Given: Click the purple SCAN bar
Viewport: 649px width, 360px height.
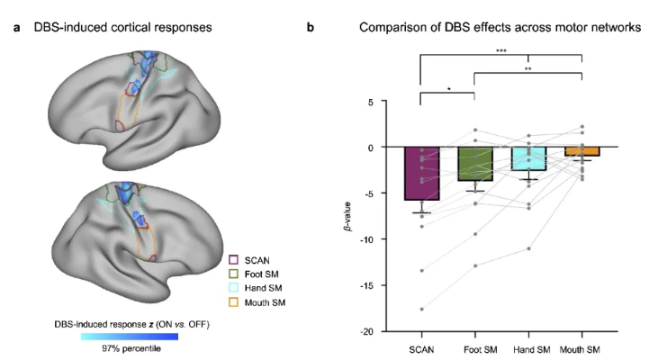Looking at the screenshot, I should (421, 173).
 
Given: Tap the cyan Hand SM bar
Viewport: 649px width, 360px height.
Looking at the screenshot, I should (528, 158).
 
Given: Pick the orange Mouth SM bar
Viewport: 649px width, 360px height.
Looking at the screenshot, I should (581, 151).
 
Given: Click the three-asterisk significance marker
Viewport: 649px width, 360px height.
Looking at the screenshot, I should (501, 51).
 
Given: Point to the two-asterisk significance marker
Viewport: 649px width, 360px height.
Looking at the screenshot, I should (528, 68).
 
